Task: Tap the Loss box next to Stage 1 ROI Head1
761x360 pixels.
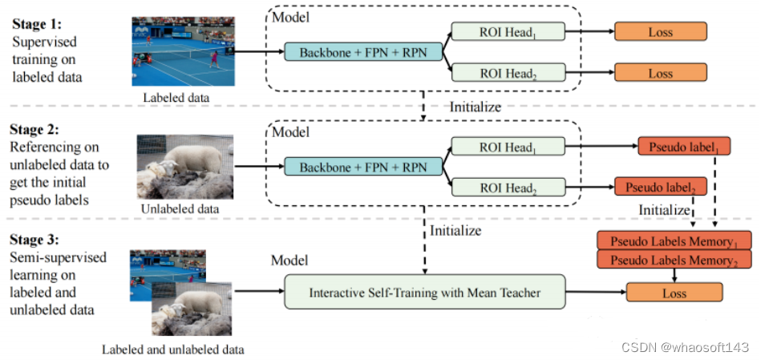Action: click(x=660, y=32)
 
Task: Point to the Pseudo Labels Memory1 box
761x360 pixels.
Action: click(x=674, y=241)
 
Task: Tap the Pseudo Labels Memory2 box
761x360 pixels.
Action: click(x=674, y=260)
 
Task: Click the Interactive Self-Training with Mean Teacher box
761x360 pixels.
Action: click(x=425, y=293)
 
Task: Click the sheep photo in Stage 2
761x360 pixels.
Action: click(x=184, y=166)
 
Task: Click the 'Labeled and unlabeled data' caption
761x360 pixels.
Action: click(x=173, y=350)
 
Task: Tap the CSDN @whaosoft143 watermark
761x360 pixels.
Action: click(x=685, y=346)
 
